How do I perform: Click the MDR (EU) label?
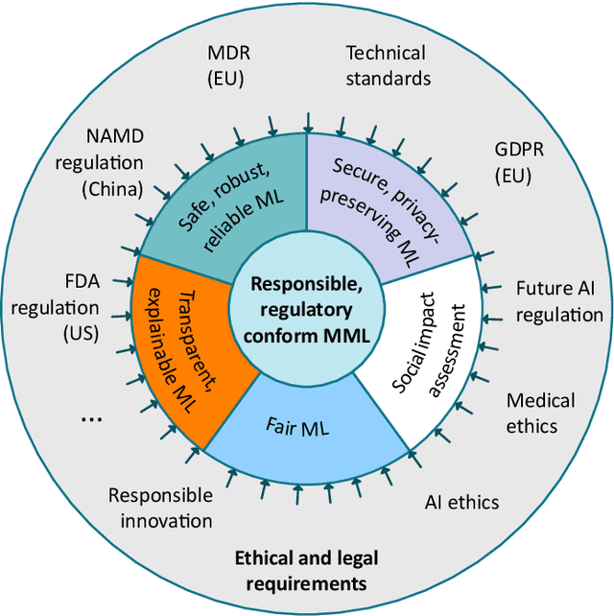click(231, 63)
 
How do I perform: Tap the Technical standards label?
click(388, 65)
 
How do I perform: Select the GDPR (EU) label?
click(517, 163)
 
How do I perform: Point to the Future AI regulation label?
click(558, 301)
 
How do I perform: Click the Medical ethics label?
click(540, 413)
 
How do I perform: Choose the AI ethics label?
click(461, 502)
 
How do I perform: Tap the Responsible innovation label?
click(160, 508)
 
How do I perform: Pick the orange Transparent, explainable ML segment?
click(180, 345)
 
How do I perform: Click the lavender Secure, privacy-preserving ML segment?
click(386, 205)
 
